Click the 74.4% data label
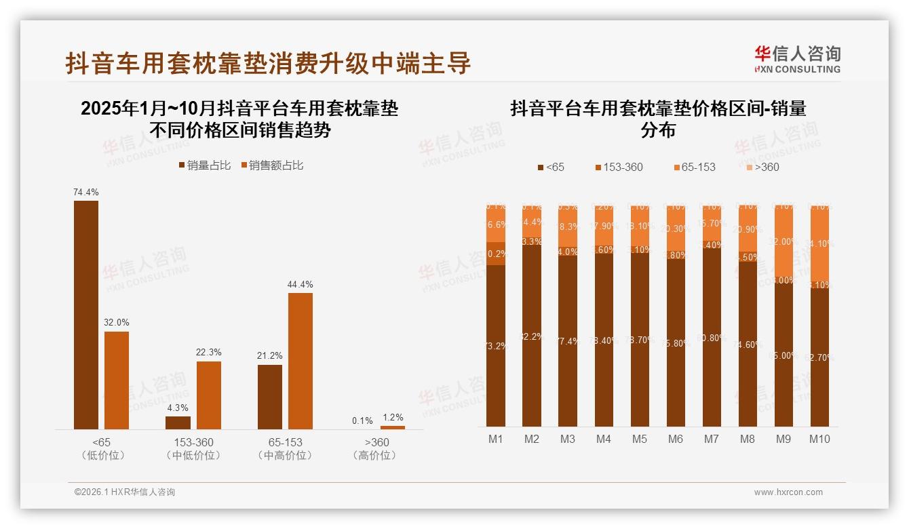pyautogui.click(x=86, y=193)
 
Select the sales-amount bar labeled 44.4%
pyautogui.click(x=301, y=361)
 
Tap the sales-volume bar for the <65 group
pyautogui.click(x=86, y=315)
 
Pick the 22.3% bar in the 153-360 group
pyautogui.click(x=209, y=395)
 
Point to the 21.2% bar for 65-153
pyautogui.click(x=270, y=397)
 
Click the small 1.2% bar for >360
pyautogui.click(x=393, y=427)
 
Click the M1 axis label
pyautogui.click(x=496, y=439)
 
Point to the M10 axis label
pyautogui.click(x=819, y=439)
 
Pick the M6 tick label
pyautogui.click(x=675, y=439)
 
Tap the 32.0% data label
pyautogui.click(x=117, y=323)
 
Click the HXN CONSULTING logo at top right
pyautogui.click(x=797, y=60)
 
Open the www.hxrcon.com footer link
pyautogui.click(x=788, y=492)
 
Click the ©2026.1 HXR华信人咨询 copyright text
pyautogui.click(x=125, y=492)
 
